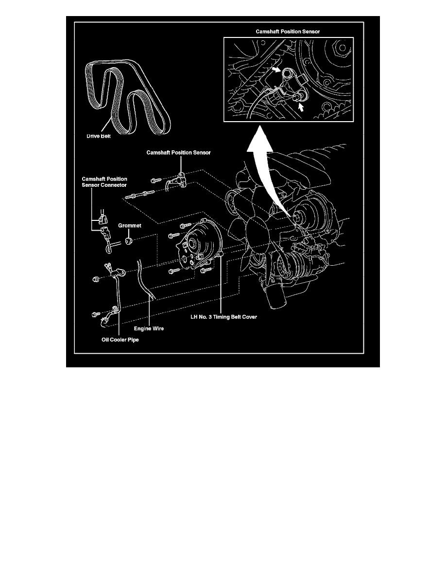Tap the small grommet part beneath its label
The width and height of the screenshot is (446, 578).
coord(129,241)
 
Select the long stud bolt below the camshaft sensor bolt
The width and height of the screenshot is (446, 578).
coord(139,197)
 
